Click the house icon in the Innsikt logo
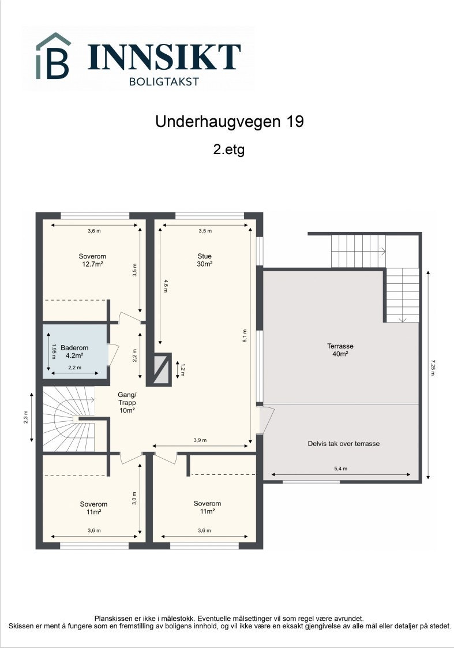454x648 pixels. (54, 56)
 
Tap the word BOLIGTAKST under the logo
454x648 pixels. (164, 81)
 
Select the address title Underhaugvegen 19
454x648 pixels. (229, 122)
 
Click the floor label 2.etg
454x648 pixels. (229, 150)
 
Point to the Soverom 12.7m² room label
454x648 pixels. (92, 260)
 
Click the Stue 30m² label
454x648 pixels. (205, 260)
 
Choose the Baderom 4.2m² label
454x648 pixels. (74, 352)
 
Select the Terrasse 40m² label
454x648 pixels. (340, 350)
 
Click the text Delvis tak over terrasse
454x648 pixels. (343, 444)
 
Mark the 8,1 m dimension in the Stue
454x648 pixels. (245, 336)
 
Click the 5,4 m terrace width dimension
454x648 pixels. (340, 469)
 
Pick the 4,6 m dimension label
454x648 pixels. (166, 286)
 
